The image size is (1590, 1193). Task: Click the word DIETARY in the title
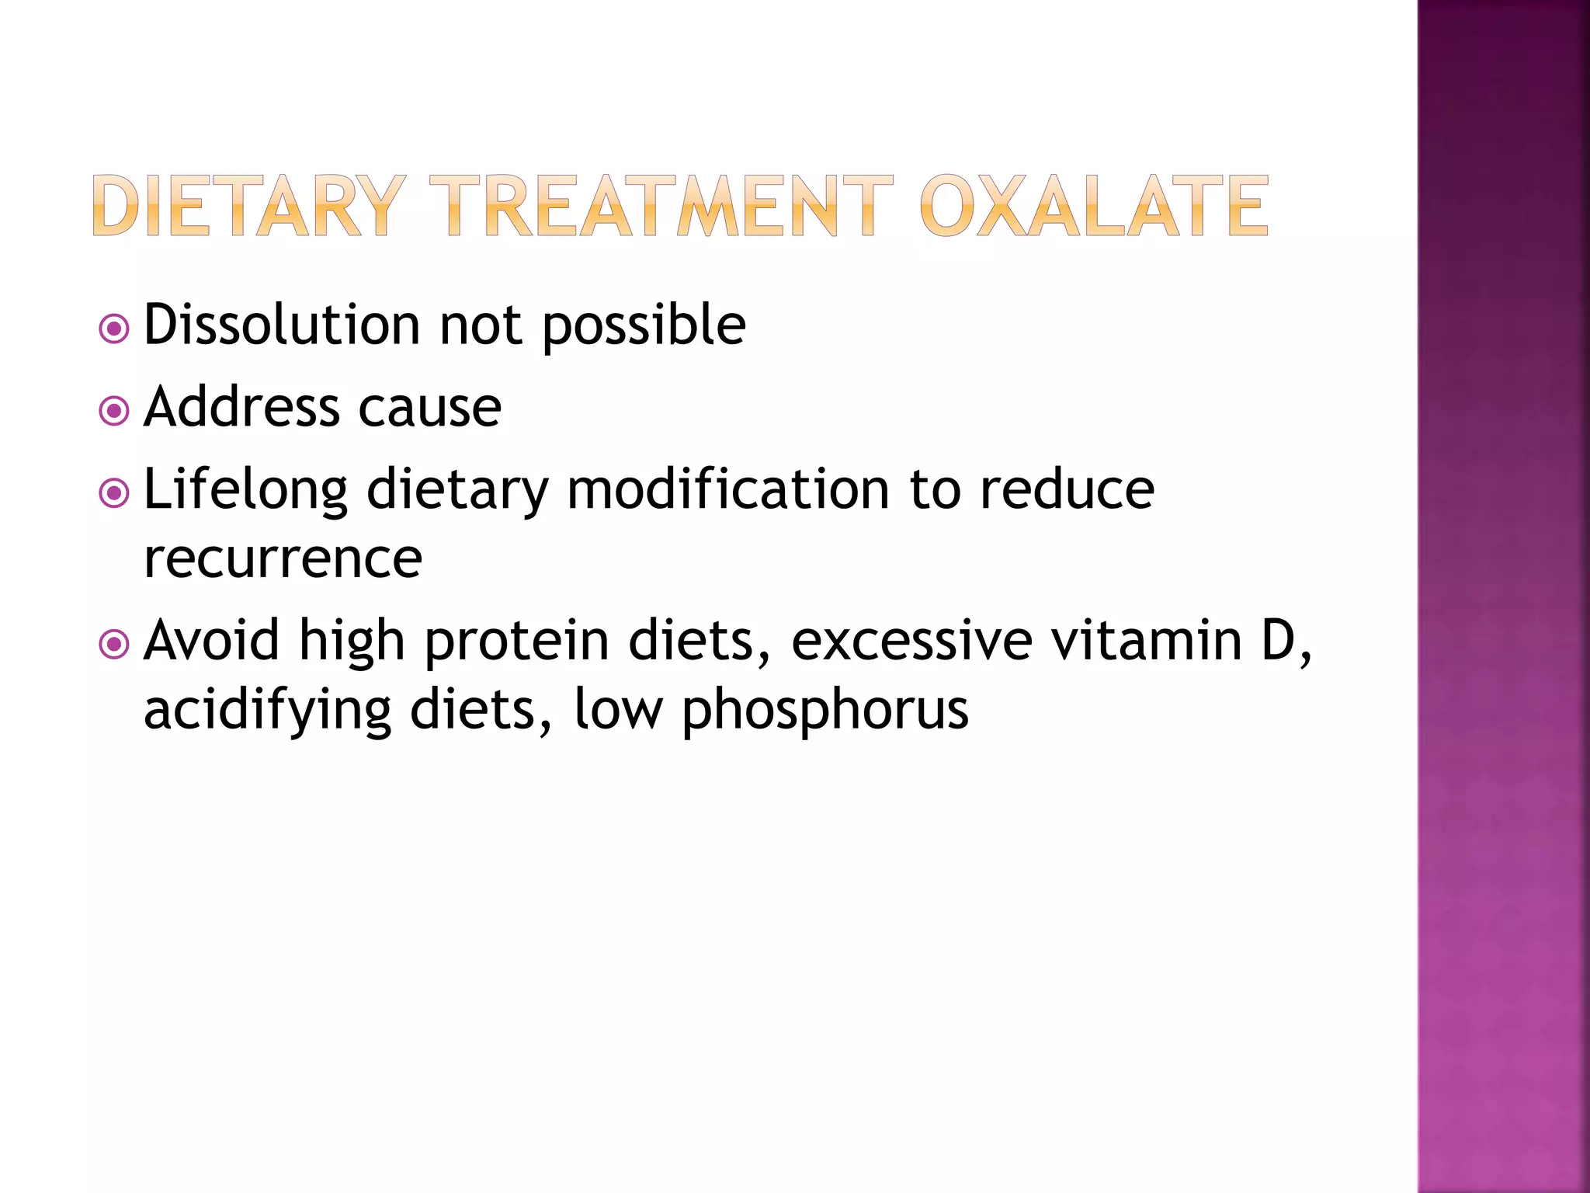pos(248,206)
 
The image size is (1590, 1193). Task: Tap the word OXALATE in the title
pos(1094,206)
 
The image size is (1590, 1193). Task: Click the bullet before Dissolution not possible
pos(114,329)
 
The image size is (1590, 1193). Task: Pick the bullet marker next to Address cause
pos(114,411)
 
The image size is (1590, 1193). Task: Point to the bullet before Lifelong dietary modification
pos(114,493)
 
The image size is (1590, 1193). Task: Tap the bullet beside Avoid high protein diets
pos(114,644)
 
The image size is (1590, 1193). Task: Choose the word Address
pos(241,407)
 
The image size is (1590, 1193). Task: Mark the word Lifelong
pos(245,491)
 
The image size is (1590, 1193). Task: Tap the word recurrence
pos(283,559)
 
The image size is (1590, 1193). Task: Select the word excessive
pos(911,641)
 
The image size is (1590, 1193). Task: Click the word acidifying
pos(268,711)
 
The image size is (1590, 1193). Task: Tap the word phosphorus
pos(825,711)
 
